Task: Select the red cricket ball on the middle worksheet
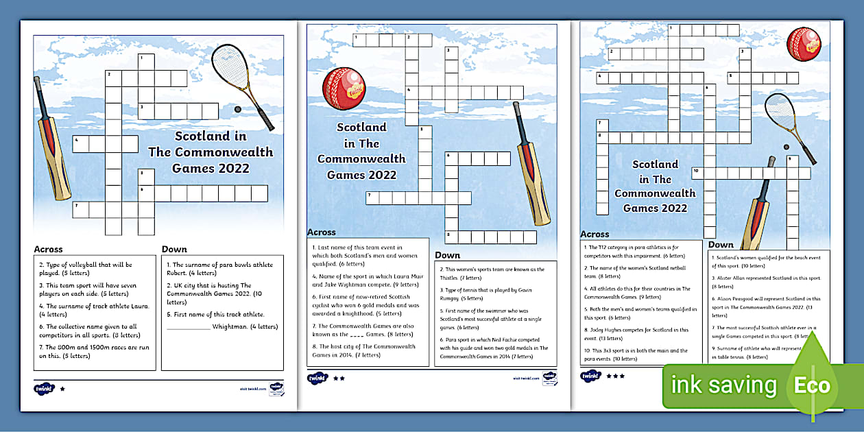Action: pos(344,88)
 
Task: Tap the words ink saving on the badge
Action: pos(723,385)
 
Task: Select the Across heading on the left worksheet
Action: pos(48,249)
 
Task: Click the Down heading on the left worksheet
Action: pos(174,249)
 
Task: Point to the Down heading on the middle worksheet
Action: pos(447,255)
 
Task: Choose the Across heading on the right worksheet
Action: pos(595,234)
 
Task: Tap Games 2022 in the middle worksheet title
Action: pos(361,174)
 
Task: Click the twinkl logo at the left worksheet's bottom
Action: pos(43,388)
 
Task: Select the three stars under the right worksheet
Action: pos(615,376)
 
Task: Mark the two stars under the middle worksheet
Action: pos(339,378)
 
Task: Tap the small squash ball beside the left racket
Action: pos(238,108)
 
